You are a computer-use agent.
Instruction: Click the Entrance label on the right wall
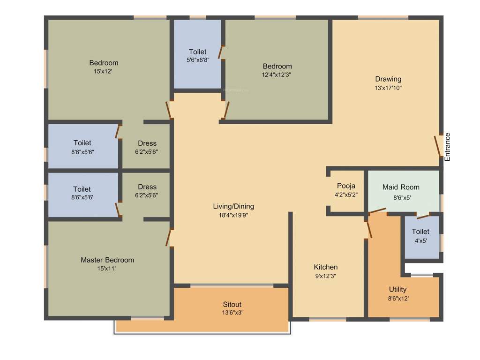[447, 147]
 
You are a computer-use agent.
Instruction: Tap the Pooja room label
[346, 186]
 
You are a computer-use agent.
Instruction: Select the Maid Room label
[401, 187]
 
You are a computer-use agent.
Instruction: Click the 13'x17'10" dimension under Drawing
[388, 88]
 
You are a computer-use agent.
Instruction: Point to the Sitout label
[232, 305]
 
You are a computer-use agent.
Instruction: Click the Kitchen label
[326, 267]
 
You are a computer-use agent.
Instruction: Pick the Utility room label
[398, 289]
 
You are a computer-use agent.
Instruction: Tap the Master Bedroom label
[107, 260]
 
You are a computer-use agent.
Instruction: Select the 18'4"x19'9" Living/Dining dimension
[233, 215]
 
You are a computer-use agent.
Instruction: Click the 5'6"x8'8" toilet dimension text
[197, 60]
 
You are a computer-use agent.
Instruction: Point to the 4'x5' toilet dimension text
[420, 240]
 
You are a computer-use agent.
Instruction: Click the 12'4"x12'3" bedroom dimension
[277, 75]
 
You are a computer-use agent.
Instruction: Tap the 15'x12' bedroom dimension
[104, 72]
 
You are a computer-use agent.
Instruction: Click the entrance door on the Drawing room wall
[438, 146]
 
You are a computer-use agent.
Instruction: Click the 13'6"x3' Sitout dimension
[232, 313]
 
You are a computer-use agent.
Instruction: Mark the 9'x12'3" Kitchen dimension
[326, 276]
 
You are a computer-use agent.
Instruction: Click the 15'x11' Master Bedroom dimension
[107, 269]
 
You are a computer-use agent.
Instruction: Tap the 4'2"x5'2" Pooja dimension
[346, 195]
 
